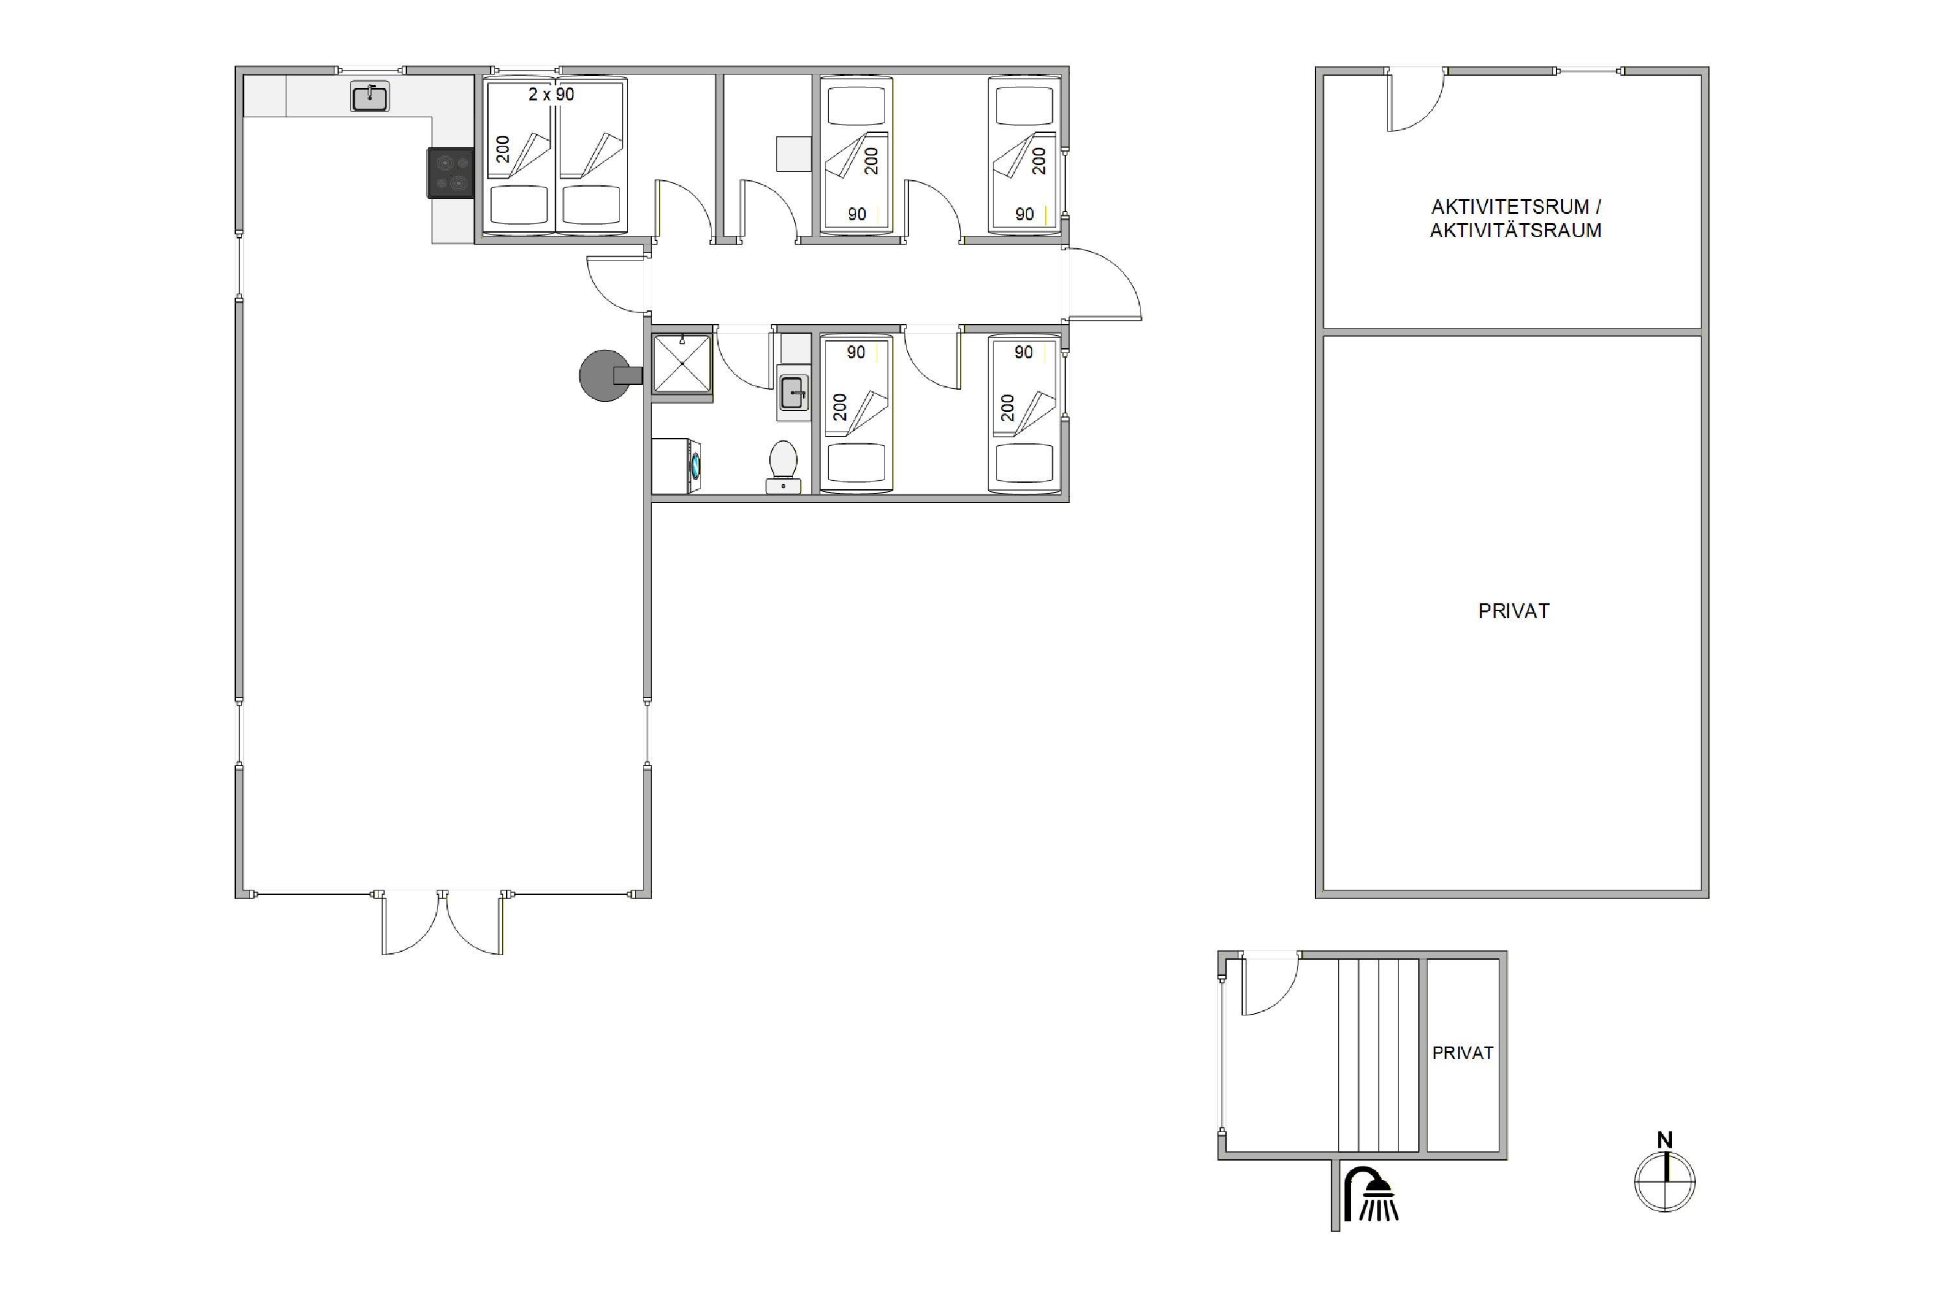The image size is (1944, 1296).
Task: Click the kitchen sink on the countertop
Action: point(369,97)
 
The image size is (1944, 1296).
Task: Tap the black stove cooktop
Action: point(450,173)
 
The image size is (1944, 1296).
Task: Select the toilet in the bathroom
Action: point(783,467)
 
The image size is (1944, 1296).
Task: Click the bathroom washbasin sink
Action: point(793,393)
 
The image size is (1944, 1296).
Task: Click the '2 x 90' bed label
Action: point(551,94)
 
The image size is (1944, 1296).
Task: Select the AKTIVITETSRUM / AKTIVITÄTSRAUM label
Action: point(1515,218)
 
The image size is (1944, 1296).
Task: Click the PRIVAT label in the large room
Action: point(1513,611)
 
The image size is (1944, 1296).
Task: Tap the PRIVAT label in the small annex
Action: point(1462,1053)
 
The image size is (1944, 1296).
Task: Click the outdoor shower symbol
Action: point(1371,1194)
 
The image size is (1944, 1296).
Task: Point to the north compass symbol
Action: point(1665,1182)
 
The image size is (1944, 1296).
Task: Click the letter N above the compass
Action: point(1665,1140)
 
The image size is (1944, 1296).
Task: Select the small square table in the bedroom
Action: point(793,155)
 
